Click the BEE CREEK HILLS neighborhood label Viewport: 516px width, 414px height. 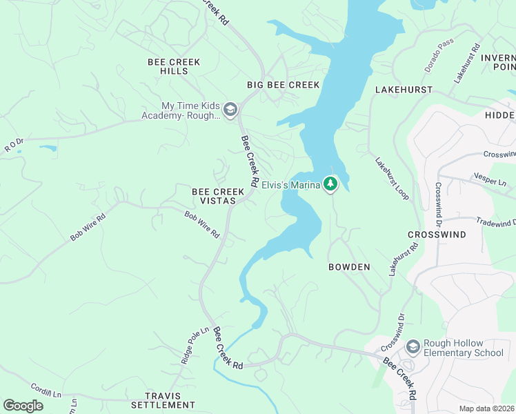click(174, 66)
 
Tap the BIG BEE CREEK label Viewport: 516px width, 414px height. click(284, 85)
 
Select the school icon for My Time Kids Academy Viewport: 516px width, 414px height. click(230, 110)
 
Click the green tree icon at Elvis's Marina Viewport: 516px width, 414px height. click(331, 184)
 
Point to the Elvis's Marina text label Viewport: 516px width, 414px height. click(291, 184)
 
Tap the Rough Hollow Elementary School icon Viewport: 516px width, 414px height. click(413, 346)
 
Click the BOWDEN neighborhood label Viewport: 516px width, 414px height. click(349, 267)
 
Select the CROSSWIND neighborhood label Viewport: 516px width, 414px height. click(436, 235)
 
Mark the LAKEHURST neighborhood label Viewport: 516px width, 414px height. click(404, 90)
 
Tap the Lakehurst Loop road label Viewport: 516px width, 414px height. click(392, 179)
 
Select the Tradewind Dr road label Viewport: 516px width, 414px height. click(495, 222)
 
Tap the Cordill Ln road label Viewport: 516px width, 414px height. click(46, 392)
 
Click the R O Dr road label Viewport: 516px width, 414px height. click(14, 145)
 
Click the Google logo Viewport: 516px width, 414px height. click(23, 406)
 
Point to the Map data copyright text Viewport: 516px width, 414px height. click(486, 408)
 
